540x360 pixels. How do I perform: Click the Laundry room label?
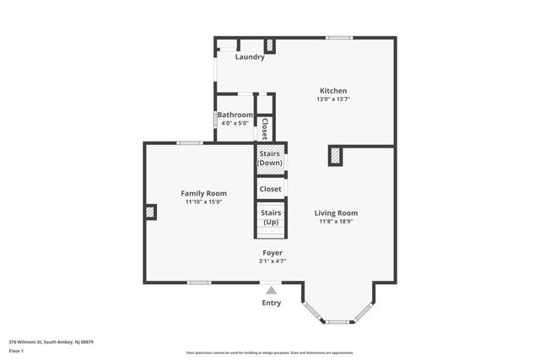250,57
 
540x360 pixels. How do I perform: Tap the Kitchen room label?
333,91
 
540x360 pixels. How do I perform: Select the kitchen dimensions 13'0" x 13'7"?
333,99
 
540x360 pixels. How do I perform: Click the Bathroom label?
235,115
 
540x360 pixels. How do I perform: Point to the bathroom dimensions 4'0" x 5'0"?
235,123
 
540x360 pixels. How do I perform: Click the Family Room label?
204,193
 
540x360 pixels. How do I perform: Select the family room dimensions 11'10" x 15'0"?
204,201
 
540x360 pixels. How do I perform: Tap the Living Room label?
337,213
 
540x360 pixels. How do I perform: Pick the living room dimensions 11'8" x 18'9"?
337,222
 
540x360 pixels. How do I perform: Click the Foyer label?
272,253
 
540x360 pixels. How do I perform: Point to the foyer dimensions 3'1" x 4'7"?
272,261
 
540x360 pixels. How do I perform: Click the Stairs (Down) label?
271,158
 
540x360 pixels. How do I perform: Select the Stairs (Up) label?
271,218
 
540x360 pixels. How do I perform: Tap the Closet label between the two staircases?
271,189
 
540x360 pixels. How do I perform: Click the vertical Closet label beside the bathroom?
264,128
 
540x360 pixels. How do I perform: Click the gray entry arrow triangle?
271,290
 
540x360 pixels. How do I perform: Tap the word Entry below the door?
271,303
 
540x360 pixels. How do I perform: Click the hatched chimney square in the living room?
335,156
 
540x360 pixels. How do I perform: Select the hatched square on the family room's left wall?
150,212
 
